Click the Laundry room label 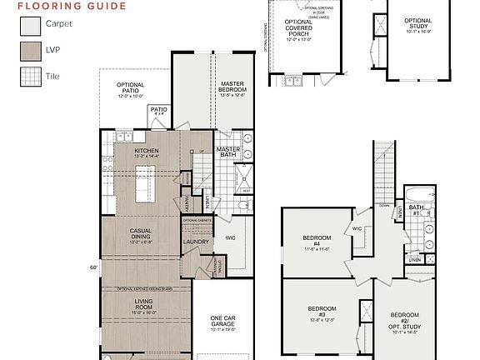point(196,242)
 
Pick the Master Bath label point(228,152)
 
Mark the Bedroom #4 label point(317,242)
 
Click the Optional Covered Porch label point(298,28)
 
